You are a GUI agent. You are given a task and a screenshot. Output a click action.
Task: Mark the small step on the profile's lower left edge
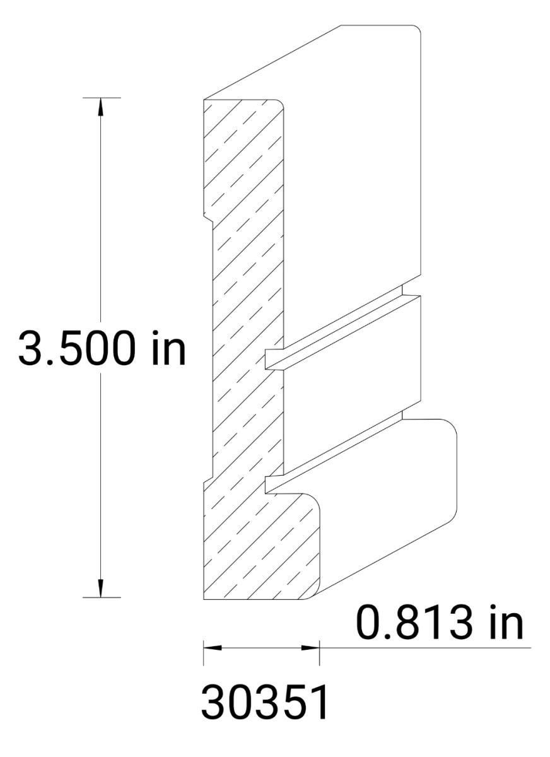click(208, 481)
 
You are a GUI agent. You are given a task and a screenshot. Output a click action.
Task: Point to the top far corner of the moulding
click(416, 28)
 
